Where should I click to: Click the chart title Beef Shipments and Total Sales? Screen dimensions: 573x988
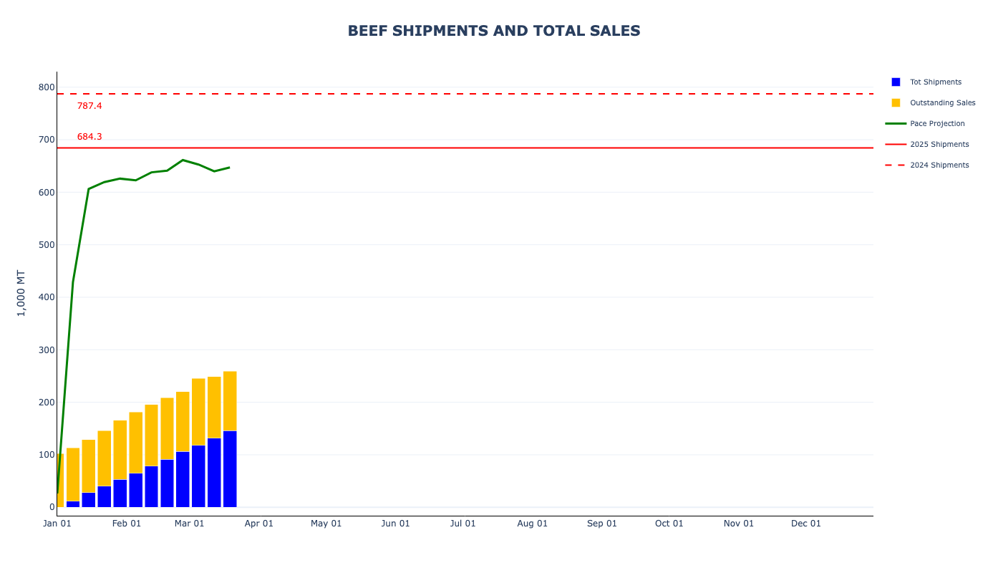[494, 31]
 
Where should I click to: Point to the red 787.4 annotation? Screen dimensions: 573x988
[89, 106]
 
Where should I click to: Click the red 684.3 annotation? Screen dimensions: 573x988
[89, 137]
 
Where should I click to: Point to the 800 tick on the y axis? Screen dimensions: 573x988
[47, 87]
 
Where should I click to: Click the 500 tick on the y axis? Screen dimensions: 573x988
[47, 245]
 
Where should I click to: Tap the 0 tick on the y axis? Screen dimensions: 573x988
[52, 507]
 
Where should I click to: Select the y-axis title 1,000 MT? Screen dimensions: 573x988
[21, 293]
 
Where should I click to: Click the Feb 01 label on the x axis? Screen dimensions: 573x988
[127, 524]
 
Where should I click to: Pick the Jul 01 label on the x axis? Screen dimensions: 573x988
[463, 524]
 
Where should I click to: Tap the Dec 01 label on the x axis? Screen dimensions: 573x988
[806, 524]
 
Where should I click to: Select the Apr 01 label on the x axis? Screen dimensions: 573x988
[259, 524]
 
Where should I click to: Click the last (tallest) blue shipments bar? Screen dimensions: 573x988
[230, 469]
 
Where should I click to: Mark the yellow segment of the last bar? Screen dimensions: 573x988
[230, 401]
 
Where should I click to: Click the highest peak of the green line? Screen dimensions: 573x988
[183, 160]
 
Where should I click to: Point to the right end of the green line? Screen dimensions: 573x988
[229, 168]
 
